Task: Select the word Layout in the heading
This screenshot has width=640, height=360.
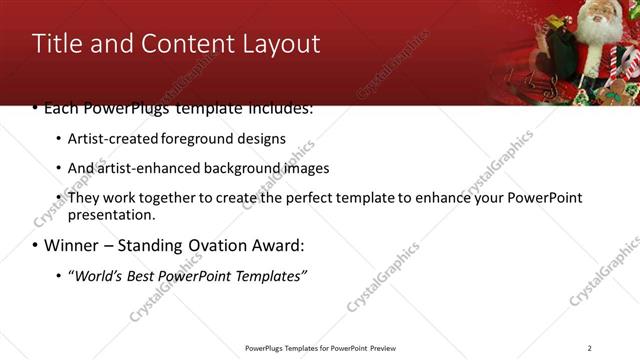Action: (x=281, y=44)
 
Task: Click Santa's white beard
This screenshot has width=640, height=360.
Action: (x=601, y=30)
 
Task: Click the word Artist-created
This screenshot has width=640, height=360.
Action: (x=110, y=138)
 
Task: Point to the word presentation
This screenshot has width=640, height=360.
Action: (x=110, y=215)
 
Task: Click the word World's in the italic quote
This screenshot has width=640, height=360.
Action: (x=96, y=275)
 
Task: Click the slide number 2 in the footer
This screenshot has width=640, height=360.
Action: (x=589, y=348)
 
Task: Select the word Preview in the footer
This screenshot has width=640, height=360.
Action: (x=376, y=348)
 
